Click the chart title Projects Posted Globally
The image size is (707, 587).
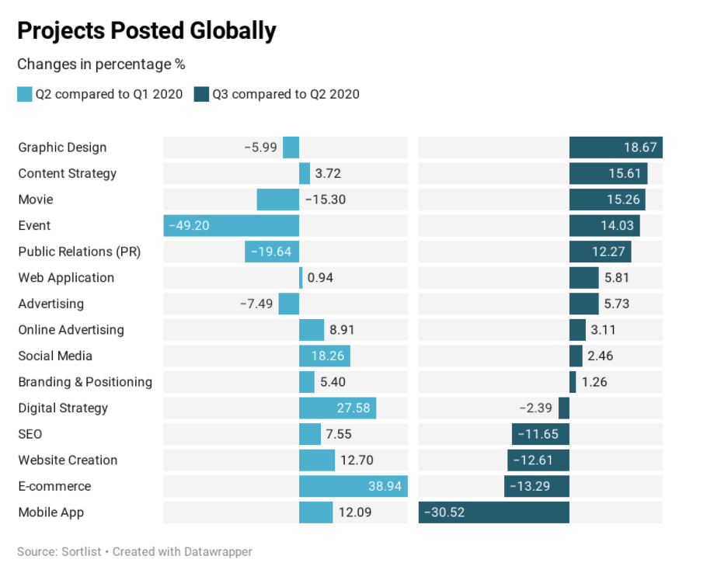[147, 30]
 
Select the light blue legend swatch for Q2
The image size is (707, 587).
[24, 94]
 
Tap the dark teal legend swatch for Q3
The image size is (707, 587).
[201, 94]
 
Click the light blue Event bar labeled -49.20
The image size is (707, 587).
[232, 226]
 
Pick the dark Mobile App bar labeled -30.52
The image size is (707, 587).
[493, 512]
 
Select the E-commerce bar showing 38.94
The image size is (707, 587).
[353, 486]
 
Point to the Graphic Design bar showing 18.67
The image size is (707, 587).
[616, 148]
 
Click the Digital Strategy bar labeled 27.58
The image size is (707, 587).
[337, 408]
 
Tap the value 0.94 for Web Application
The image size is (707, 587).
[320, 278]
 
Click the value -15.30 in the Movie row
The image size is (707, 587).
[326, 200]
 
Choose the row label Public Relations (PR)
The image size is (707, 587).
[79, 252]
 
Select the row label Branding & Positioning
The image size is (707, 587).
[85, 382]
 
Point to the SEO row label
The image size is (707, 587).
[30, 434]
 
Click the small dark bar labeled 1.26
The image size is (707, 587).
[573, 382]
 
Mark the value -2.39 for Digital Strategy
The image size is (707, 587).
[535, 408]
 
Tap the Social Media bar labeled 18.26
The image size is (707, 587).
[325, 356]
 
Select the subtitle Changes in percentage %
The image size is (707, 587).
[101, 64]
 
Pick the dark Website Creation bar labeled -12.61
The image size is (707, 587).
[538, 460]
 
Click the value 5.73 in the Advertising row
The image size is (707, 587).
[616, 304]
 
